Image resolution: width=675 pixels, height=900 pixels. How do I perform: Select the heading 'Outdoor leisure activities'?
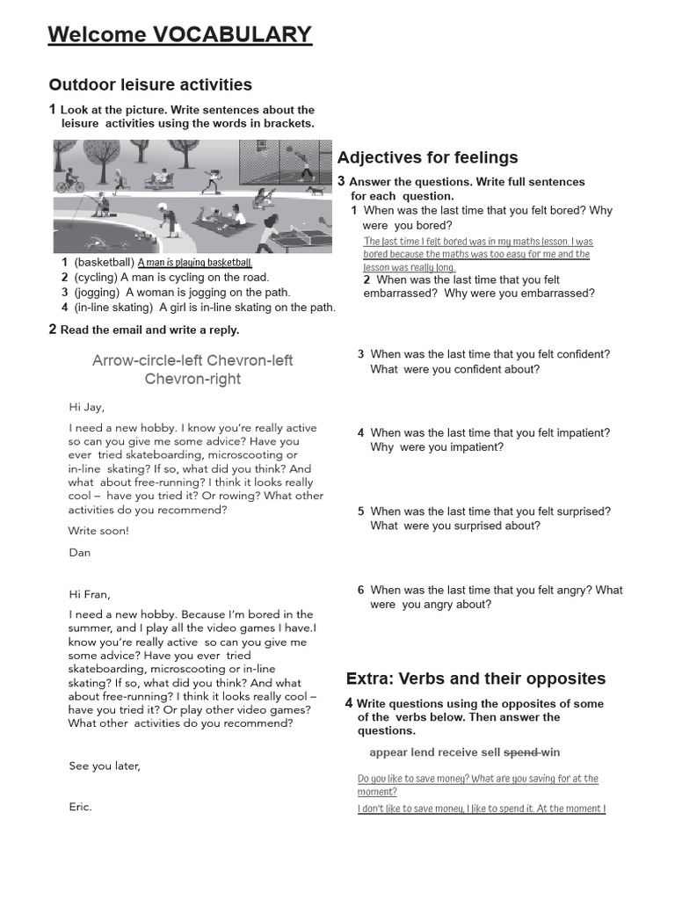coord(150,84)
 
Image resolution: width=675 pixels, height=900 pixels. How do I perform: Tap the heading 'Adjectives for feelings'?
coord(427,157)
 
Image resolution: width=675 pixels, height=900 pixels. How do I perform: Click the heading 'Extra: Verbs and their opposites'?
coord(475,679)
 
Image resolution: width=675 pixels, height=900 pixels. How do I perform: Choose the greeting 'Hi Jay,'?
coord(86,407)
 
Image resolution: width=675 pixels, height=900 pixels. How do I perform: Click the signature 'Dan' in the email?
coord(79,553)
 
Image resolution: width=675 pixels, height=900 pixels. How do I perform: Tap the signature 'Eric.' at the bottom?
coord(80,807)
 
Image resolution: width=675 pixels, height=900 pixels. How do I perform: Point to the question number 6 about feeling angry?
coord(360,591)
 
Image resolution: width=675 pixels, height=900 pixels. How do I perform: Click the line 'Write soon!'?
coord(98,531)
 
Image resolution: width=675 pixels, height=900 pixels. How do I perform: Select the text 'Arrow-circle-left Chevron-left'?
coord(192,360)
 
